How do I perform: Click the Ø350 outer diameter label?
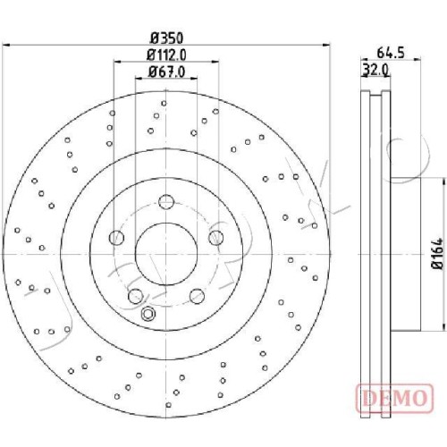pyautogui.click(x=166, y=38)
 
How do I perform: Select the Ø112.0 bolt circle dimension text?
pyautogui.click(x=166, y=55)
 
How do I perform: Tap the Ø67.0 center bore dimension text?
pyautogui.click(x=166, y=72)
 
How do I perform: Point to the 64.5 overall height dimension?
pyautogui.click(x=391, y=53)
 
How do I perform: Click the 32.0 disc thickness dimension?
pyautogui.click(x=375, y=71)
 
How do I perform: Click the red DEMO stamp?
pyautogui.click(x=394, y=398)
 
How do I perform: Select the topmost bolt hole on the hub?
pyautogui.click(x=166, y=202)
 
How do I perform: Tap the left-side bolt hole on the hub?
pyautogui.click(x=116, y=238)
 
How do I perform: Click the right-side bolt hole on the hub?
pyautogui.click(x=215, y=238)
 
